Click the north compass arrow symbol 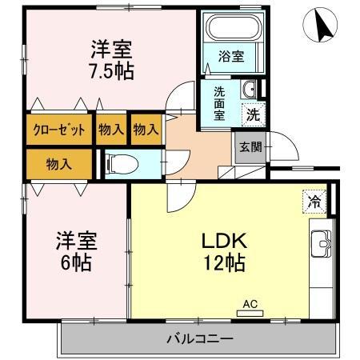coord(325,27)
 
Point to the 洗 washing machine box coord(252,114)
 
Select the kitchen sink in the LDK coord(322,242)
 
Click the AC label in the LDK coord(249,304)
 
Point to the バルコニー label coord(199,339)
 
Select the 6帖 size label coord(75,262)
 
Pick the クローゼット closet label coord(59,130)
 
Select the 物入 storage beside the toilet coord(58,164)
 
